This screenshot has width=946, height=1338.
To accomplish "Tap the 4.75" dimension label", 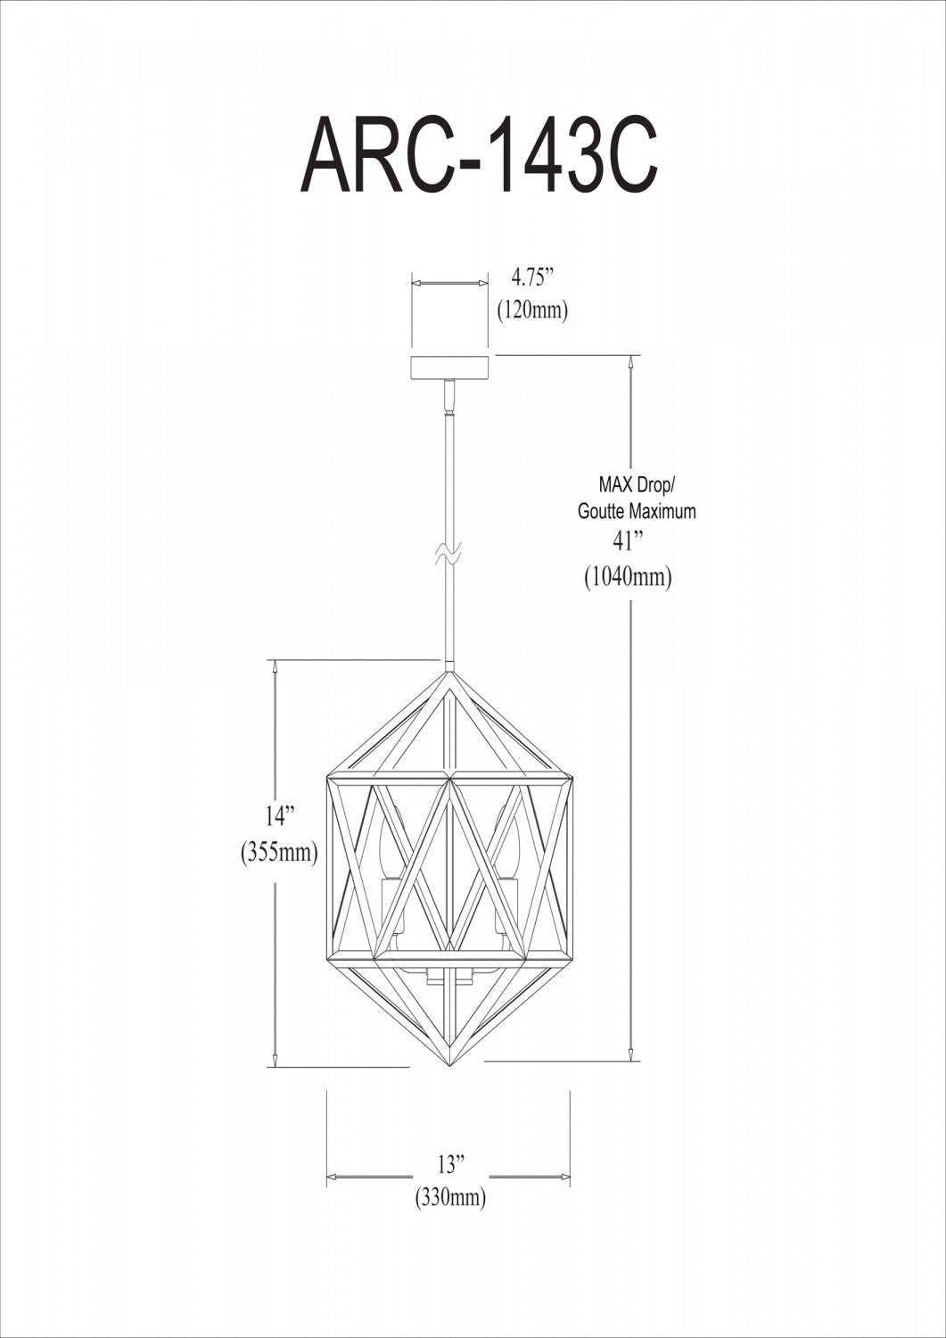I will point(533,275).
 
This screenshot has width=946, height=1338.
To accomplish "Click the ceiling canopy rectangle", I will point(450,368).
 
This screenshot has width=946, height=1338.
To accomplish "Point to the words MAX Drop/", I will point(637,486).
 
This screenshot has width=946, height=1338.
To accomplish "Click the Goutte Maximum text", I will point(637,512).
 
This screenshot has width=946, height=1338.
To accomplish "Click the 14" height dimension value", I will point(279,816).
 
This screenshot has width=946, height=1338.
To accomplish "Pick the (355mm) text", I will point(279,852).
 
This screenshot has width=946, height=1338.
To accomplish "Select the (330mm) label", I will point(450,1198).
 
